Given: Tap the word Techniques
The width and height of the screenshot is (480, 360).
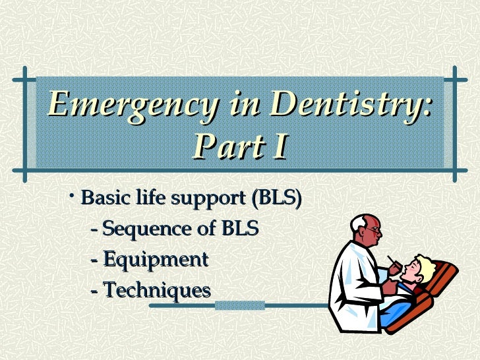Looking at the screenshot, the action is click(156, 290).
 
